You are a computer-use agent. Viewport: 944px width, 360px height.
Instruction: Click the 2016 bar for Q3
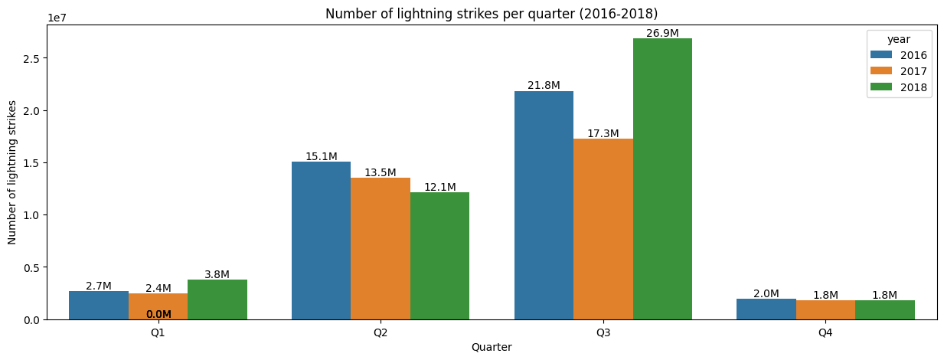click(x=544, y=205)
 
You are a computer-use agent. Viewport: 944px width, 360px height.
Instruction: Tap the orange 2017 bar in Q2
click(x=381, y=248)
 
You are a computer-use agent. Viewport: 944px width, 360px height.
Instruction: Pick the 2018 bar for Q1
click(x=217, y=299)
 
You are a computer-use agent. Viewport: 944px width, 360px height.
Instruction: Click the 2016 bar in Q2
click(x=321, y=241)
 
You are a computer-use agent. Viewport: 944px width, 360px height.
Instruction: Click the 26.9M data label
click(x=662, y=33)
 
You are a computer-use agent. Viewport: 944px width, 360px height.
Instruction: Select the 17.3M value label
click(x=603, y=133)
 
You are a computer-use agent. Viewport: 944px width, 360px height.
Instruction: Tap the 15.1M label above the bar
click(x=321, y=156)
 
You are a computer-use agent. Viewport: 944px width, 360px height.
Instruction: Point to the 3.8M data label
click(x=217, y=274)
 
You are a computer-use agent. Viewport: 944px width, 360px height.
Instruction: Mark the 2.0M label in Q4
click(x=766, y=293)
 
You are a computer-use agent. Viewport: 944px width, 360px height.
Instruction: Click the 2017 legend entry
click(x=900, y=71)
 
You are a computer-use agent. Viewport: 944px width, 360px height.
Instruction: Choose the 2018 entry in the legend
click(x=900, y=87)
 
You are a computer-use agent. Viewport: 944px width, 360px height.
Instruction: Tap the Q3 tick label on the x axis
click(x=603, y=333)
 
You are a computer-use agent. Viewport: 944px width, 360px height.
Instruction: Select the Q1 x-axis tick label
click(x=158, y=333)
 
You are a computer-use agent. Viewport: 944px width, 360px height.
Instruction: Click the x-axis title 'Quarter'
click(x=492, y=347)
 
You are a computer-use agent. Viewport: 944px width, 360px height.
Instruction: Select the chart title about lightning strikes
click(x=492, y=14)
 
